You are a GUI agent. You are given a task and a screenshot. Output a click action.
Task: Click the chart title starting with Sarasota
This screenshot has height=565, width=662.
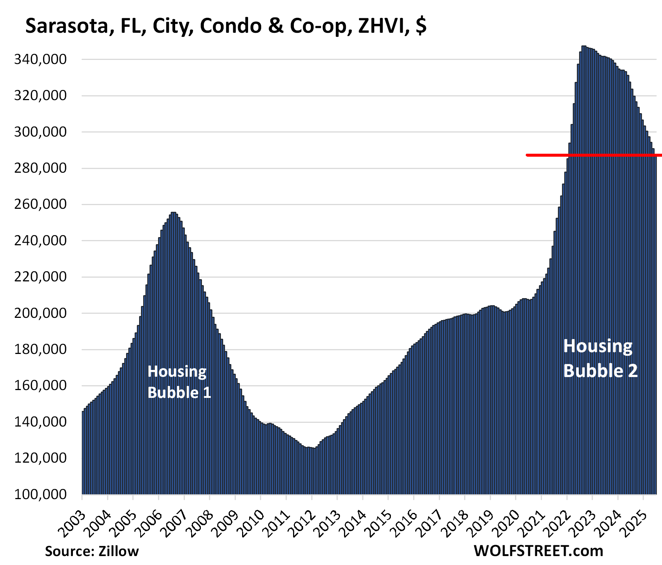click(x=225, y=26)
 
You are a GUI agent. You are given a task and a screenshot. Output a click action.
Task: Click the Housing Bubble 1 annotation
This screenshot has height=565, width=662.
click(x=179, y=382)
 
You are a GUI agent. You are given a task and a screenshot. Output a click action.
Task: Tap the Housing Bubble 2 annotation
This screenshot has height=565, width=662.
click(x=600, y=358)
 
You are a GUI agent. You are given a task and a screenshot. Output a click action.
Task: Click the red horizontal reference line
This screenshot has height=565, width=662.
click(x=595, y=155)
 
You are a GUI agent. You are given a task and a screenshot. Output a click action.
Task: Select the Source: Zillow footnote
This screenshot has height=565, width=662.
click(x=91, y=551)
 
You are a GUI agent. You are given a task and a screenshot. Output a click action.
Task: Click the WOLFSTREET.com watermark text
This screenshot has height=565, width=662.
click(x=538, y=551)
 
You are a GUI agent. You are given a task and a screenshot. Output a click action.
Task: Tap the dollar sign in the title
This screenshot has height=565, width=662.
click(x=421, y=26)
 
